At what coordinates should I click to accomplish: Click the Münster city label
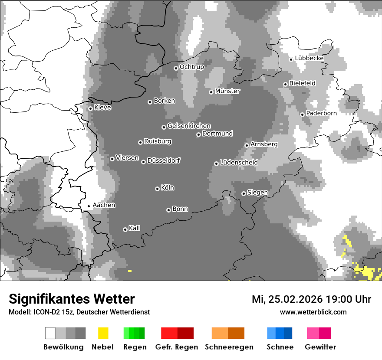click(227, 91)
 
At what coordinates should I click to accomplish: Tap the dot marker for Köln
click(157, 189)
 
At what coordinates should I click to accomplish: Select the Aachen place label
click(104, 205)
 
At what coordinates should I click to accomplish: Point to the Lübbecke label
click(309, 58)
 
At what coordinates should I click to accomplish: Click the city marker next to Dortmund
click(198, 134)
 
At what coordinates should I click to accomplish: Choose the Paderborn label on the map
click(321, 113)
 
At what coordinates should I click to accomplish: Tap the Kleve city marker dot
click(90, 108)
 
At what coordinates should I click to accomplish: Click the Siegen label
click(257, 193)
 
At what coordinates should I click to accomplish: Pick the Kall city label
click(134, 228)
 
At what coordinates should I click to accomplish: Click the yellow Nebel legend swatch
click(103, 333)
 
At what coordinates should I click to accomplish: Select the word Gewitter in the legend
click(320, 347)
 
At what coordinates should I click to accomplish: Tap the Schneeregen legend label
click(229, 347)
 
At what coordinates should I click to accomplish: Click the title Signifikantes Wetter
click(72, 299)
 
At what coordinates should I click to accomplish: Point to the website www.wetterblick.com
click(313, 312)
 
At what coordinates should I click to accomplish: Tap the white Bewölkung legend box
click(50, 333)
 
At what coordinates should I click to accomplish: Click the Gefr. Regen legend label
click(176, 347)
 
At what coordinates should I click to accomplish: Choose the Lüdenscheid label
click(239, 163)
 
